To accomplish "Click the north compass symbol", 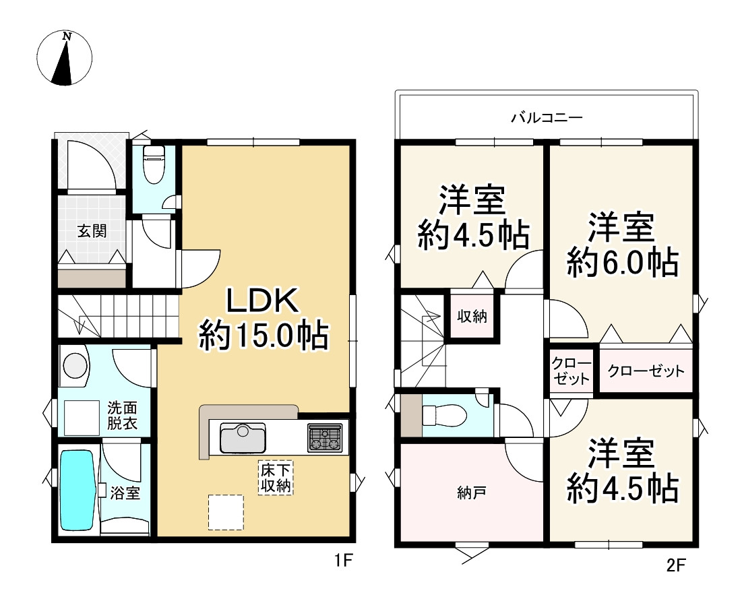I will [x=63, y=59].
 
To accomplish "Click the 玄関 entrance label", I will [x=91, y=231].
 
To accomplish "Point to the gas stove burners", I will [x=325, y=438].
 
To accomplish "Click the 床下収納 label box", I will [x=277, y=478].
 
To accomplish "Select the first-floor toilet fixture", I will [x=153, y=166].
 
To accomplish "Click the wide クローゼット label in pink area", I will [x=646, y=371].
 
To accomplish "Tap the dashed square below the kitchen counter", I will [x=224, y=512].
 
